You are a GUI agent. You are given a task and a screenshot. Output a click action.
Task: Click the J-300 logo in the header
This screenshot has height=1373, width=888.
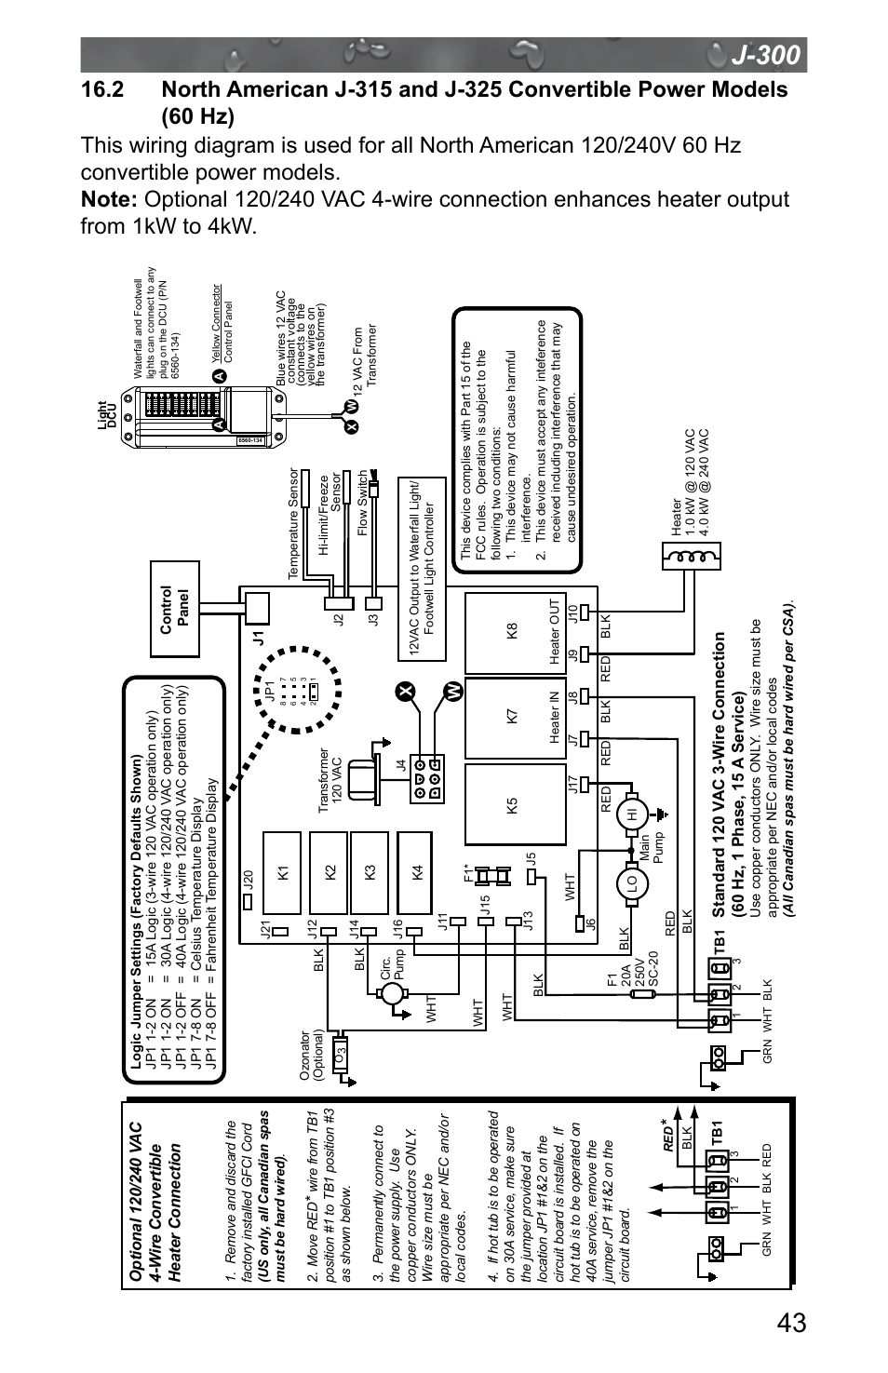(764, 56)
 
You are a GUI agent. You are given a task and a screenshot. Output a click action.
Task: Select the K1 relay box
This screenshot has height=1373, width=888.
(283, 871)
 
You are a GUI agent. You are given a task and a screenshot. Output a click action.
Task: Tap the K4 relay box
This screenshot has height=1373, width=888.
(418, 871)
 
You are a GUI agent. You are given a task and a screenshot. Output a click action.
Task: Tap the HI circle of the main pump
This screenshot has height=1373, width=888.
(631, 812)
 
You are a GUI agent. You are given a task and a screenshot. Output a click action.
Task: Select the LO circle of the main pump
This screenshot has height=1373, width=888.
(631, 881)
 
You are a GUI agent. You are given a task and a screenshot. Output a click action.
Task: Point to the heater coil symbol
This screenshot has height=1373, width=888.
(690, 558)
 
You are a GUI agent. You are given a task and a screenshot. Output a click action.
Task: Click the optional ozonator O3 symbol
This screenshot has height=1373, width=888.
(341, 1056)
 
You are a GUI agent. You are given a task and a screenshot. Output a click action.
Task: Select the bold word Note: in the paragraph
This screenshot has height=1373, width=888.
(109, 200)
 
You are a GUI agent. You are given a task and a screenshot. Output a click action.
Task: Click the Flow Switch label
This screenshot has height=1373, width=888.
(363, 503)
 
